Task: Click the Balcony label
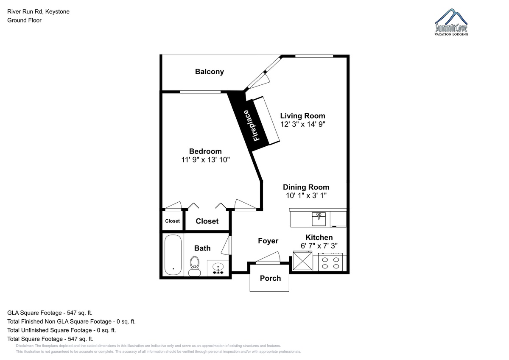210,72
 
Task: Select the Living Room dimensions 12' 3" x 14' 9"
303,124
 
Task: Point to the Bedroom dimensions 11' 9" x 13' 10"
205,160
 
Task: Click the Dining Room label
306,187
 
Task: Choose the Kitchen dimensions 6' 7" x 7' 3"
319,246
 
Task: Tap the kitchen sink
319,219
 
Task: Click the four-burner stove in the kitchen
330,262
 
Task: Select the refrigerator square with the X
302,261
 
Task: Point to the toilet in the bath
195,266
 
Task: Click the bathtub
173,255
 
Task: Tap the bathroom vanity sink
218,268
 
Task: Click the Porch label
270,278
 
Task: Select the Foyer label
268,241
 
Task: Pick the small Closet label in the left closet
172,221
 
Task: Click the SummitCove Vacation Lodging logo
451,22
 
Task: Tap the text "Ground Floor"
24,20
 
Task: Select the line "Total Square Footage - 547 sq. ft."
50,339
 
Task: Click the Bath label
202,248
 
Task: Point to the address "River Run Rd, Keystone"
39,11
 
